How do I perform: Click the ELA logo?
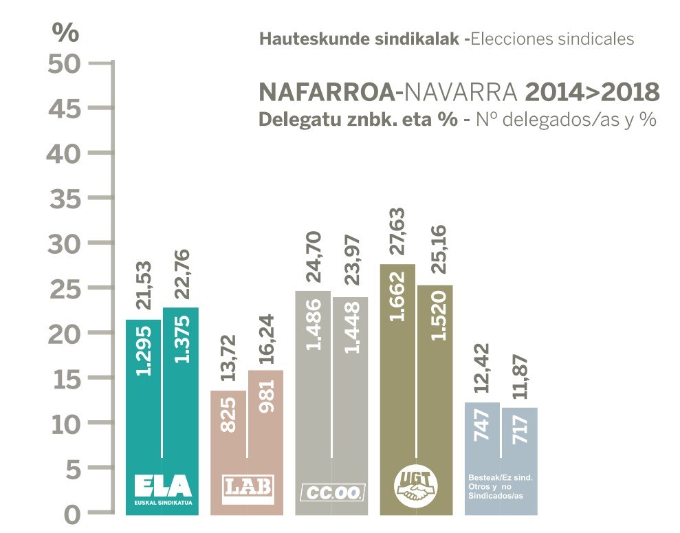pyautogui.click(x=162, y=489)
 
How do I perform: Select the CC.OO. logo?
pyautogui.click(x=333, y=492)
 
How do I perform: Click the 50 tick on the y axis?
pyautogui.click(x=66, y=63)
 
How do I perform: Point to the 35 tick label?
pyautogui.click(x=66, y=198)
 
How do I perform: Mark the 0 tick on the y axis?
pyautogui.click(x=74, y=514)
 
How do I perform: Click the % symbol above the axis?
pyautogui.click(x=66, y=32)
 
